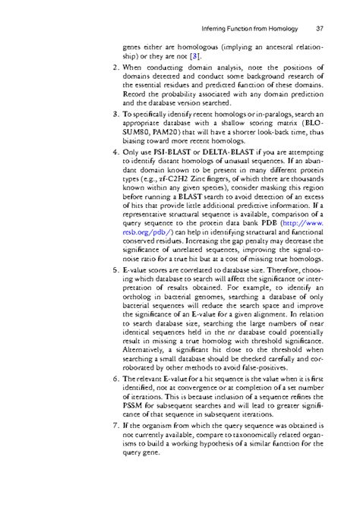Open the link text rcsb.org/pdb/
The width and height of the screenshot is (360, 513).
[149, 266]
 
